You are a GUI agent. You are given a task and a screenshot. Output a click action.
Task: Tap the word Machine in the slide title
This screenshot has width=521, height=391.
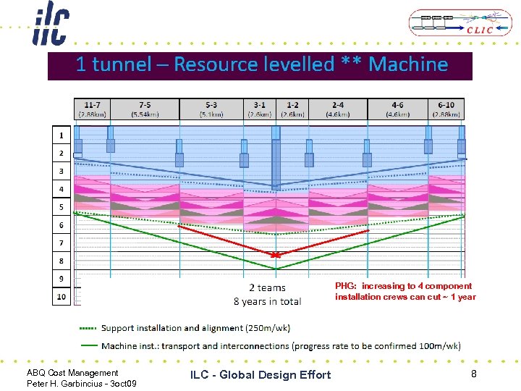point(408,64)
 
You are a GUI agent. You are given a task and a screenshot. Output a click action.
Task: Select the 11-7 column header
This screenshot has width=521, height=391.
point(92,109)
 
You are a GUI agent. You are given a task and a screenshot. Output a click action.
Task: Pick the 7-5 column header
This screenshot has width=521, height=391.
point(145,109)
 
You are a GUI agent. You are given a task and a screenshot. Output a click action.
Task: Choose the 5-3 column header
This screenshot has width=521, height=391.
point(211,109)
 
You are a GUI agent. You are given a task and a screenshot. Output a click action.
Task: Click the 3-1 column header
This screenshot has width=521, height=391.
point(259,109)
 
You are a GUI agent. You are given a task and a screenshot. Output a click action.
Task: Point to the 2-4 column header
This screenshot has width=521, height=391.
point(337,109)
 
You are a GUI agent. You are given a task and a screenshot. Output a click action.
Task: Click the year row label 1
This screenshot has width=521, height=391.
point(61,135)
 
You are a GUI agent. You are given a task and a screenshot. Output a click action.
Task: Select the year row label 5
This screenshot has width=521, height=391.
point(61,207)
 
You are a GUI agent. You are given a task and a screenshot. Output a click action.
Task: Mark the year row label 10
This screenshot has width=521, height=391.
point(61,296)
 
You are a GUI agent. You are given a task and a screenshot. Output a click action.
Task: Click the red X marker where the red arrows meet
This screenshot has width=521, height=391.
point(275,255)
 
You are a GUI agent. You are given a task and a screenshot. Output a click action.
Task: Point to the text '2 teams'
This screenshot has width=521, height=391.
point(267,288)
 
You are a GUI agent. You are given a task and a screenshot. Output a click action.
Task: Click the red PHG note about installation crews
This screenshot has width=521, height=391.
point(405,291)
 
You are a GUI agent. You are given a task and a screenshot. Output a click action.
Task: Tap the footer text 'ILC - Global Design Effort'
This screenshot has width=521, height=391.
point(260,374)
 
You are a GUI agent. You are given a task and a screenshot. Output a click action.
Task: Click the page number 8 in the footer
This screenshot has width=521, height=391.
point(473,374)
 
